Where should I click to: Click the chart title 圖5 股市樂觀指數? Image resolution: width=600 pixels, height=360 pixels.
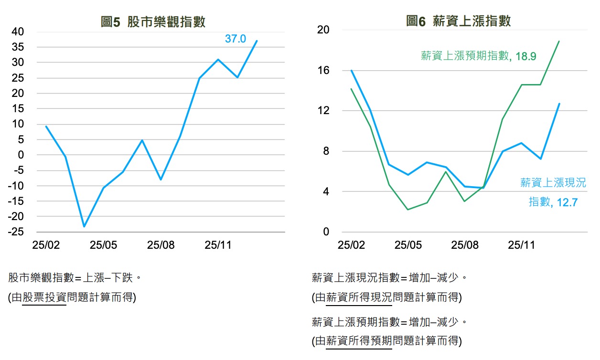153,22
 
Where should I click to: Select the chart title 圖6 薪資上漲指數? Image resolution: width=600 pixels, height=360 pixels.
458,21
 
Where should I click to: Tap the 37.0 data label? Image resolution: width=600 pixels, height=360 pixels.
236,39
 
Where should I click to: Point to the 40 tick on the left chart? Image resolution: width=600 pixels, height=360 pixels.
18,32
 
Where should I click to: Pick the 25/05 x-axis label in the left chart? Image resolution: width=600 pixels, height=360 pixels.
103,245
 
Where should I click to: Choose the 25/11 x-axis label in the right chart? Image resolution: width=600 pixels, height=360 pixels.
521,245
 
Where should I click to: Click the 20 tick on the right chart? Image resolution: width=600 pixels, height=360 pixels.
323,30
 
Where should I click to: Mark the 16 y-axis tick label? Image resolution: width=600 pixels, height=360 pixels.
323,70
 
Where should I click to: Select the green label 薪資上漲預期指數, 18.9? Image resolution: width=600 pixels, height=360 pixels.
478,56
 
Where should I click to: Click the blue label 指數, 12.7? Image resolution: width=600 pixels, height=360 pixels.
553,202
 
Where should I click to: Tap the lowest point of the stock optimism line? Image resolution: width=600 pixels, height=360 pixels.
84,226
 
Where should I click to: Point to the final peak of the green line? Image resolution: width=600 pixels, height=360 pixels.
559,41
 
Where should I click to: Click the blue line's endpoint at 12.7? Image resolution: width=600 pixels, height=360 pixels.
559,104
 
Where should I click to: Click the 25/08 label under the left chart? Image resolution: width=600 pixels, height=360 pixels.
161,245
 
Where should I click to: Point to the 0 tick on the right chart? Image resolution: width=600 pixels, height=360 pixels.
326,232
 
